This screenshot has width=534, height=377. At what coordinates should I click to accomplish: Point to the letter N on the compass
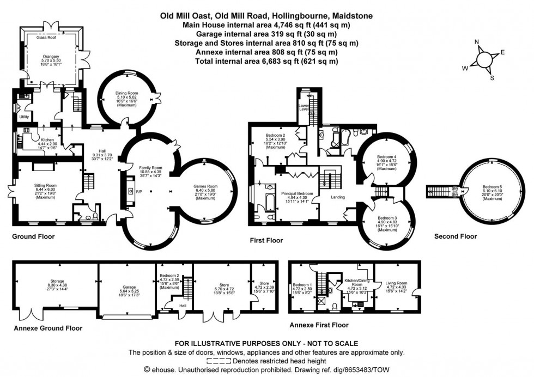pos(477,42)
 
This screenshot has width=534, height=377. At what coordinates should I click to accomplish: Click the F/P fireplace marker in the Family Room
pos(139,192)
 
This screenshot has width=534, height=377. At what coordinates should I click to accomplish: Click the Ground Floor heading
pos(33,237)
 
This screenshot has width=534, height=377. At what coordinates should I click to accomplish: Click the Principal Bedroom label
pos(297,193)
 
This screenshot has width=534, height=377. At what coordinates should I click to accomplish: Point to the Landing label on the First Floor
pos(338,197)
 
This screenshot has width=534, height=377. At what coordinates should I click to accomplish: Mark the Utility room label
pos(24,117)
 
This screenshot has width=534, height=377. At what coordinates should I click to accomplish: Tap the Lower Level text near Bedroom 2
pos(304,107)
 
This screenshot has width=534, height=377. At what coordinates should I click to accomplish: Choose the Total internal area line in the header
pos(266,61)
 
